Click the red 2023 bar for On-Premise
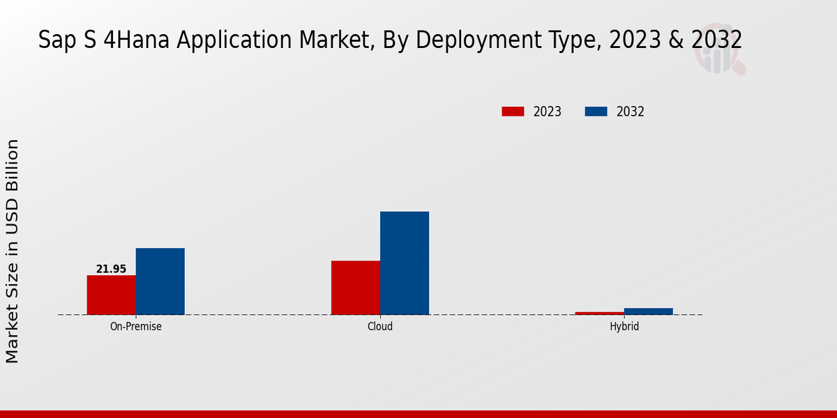tap(111, 295)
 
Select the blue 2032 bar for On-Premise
tap(160, 281)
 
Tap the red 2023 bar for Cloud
tap(356, 288)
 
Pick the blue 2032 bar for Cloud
tap(405, 263)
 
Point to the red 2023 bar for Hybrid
tap(599, 313)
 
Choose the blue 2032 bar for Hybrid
tap(649, 311)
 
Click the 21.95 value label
tap(111, 269)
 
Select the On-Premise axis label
tap(136, 326)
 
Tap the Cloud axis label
tap(380, 326)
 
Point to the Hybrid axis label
tap(624, 326)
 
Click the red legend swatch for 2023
tap(513, 111)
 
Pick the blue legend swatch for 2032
tap(596, 111)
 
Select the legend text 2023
tap(548, 111)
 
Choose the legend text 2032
tap(631, 111)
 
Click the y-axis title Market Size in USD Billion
tap(13, 251)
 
